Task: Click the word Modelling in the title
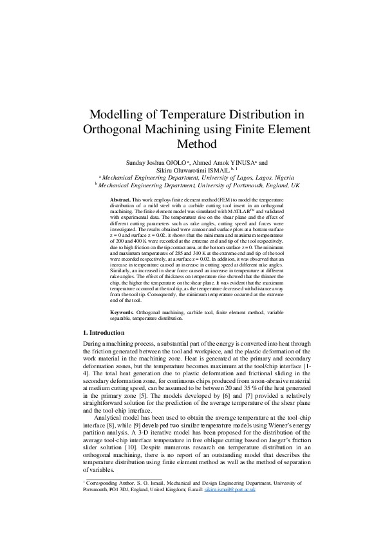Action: (x=118, y=115)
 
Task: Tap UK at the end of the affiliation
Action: (x=295, y=185)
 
